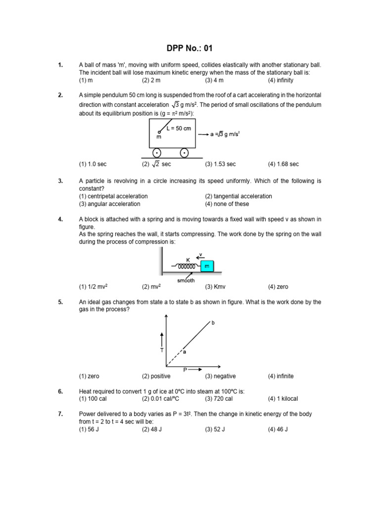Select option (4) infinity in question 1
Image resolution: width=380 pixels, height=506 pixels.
[281, 80]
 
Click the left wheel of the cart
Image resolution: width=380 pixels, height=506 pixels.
[157, 153]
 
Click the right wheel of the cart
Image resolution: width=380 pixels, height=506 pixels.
[184, 153]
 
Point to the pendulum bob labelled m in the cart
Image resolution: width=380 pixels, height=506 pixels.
[159, 132]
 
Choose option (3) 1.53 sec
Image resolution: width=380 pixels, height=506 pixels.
[220, 164]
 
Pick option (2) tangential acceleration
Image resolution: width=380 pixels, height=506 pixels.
[238, 196]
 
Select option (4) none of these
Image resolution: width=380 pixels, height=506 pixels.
[227, 204]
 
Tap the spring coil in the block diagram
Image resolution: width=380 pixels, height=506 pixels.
[188, 266]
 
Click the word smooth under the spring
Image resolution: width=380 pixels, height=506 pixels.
[187, 280]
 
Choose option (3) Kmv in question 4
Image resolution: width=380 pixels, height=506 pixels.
[215, 287]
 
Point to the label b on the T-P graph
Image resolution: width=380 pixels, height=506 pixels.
[213, 322]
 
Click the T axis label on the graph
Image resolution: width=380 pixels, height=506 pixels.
[161, 350]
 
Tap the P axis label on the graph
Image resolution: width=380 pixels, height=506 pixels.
[185, 370]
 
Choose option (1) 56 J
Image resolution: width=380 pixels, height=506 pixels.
[92, 429]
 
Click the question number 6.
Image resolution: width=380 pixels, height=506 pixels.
[60, 391]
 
